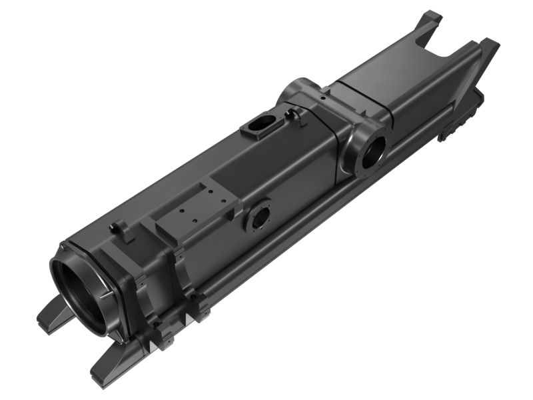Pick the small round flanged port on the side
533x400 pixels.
[x=259, y=215]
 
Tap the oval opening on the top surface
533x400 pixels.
[x=261, y=125]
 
